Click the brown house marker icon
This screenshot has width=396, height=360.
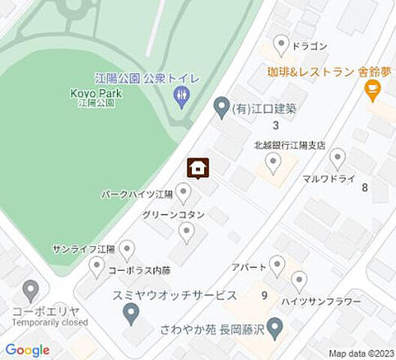coord(197,168)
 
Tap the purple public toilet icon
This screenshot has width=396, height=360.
coord(181,95)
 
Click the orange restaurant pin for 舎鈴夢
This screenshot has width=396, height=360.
coord(370,91)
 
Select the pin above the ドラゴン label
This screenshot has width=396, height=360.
coord(281,44)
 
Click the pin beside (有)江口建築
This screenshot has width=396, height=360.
coord(221,108)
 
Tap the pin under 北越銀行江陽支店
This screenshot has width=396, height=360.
coord(274,161)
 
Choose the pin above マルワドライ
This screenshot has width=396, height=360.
coord(337,157)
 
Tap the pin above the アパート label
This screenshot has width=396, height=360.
coord(277,263)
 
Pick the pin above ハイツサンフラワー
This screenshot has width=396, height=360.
coord(299,280)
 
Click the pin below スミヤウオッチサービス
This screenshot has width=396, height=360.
coord(131,313)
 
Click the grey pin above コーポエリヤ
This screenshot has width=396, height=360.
coord(31,289)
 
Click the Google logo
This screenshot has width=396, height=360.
coord(27,349)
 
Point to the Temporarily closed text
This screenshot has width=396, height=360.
coord(50,322)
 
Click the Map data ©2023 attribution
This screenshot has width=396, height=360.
coord(360,353)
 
